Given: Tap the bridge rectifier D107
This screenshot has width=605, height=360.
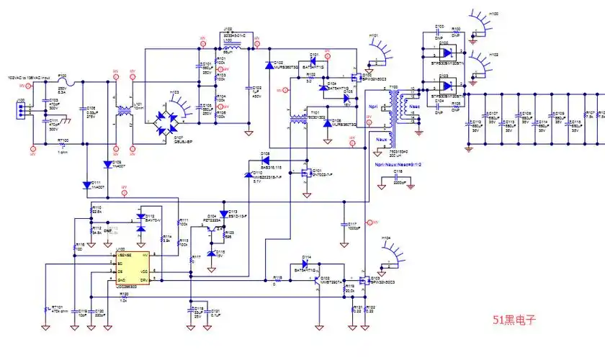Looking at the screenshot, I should pos(170,116).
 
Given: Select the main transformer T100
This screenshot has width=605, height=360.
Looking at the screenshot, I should pos(393,115).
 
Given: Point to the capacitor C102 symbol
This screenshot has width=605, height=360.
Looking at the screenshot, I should pos(249,91).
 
